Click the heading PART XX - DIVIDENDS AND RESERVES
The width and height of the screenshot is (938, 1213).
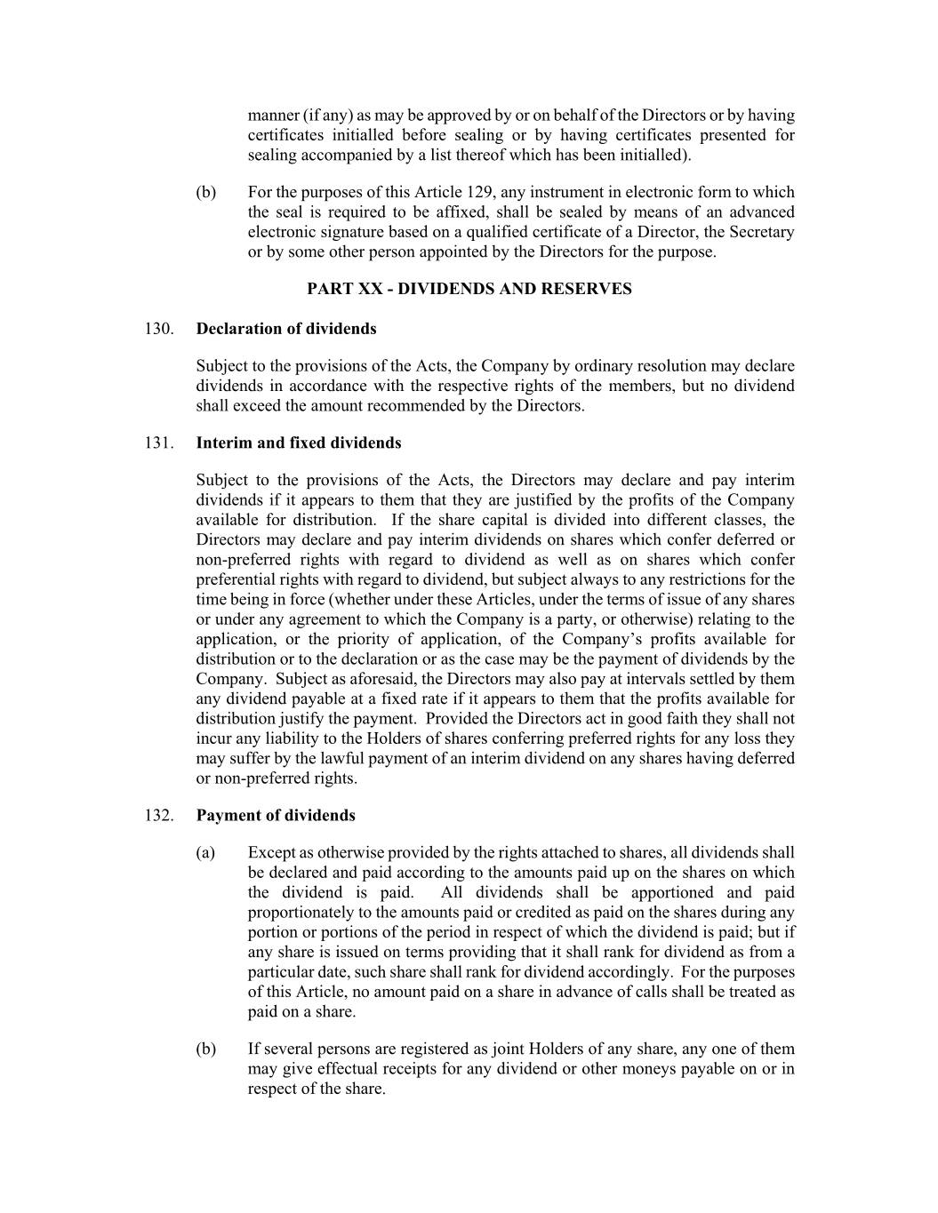469,289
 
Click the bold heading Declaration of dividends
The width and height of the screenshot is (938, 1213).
285,329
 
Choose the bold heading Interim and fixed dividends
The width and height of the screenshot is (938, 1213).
298,443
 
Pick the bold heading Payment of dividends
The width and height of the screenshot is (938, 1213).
275,815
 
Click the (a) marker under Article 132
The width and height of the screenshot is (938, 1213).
205,853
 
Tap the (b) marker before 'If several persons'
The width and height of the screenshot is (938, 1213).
205,1049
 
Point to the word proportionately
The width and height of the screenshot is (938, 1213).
300,912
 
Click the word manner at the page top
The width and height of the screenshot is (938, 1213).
272,116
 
